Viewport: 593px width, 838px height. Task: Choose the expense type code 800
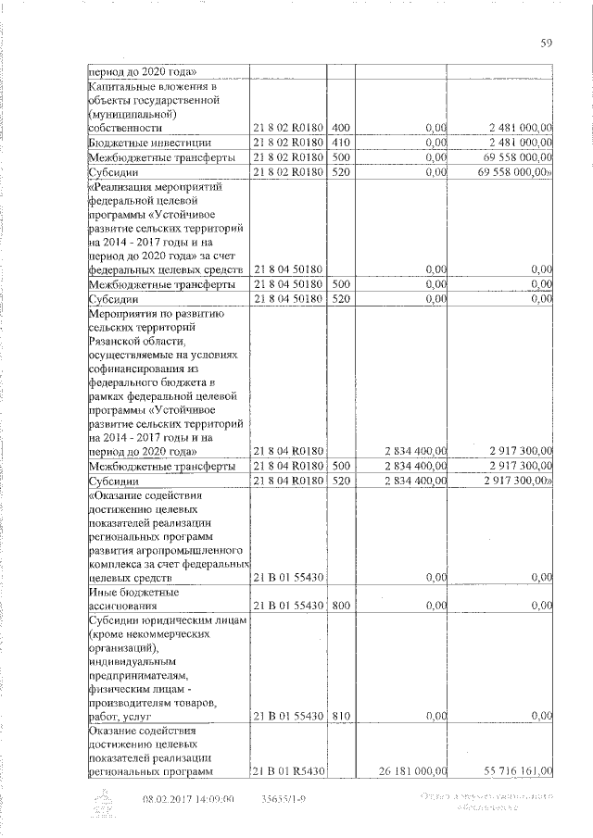(340, 606)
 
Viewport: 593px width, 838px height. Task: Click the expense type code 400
(340, 127)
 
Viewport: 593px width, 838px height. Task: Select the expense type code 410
(340, 143)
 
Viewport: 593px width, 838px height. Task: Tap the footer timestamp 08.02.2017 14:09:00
(188, 798)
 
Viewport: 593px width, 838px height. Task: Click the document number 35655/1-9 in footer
(284, 798)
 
